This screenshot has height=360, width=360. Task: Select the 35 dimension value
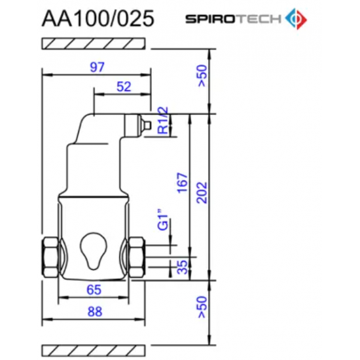click(182, 266)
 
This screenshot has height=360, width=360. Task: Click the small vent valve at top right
click(147, 124)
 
